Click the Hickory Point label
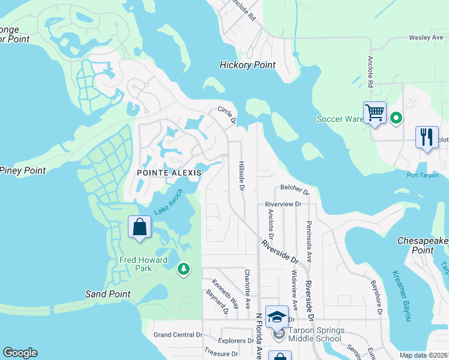pyautogui.click(x=247, y=65)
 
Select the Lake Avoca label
pyautogui.click(x=168, y=202)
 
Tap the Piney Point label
pyautogui.click(x=23, y=170)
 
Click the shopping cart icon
pyautogui.click(x=375, y=112)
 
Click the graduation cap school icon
pyautogui.click(x=277, y=316)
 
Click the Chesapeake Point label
pyautogui.click(x=423, y=245)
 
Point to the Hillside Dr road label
pyautogui.click(x=241, y=175)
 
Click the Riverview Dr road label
pyautogui.click(x=283, y=204)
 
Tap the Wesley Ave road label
pyautogui.click(x=426, y=37)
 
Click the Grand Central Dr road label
pyautogui.click(x=178, y=335)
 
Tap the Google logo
pyautogui.click(x=20, y=353)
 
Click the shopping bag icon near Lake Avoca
pyautogui.click(x=139, y=227)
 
